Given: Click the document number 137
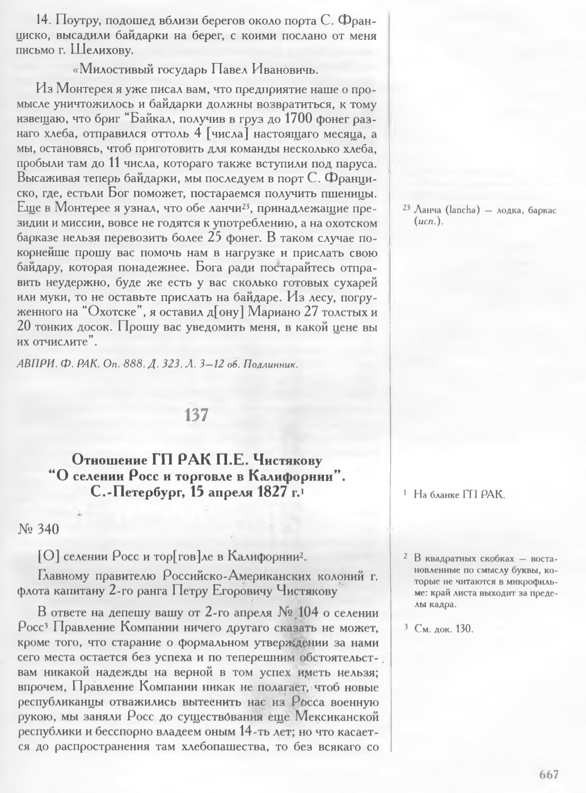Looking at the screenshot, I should click(x=197, y=416).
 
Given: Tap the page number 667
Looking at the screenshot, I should click(x=549, y=774).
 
